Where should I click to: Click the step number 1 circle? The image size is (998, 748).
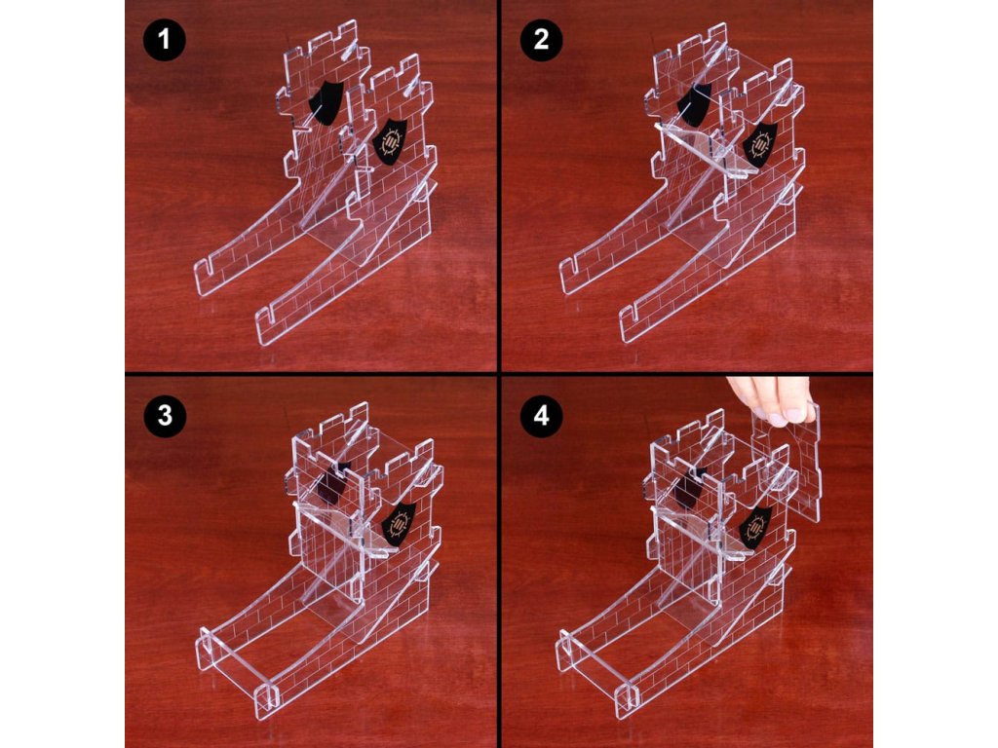point(164,39)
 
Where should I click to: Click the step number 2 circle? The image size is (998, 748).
point(541,39)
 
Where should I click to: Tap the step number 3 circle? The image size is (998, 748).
point(164,416)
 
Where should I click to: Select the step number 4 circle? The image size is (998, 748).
point(541,416)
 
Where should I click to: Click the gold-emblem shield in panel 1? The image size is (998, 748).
point(390,142)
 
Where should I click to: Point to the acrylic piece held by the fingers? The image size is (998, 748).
point(787,461)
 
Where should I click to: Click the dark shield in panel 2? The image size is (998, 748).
point(694,101)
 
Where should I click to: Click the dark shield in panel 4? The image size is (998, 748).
point(691,489)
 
